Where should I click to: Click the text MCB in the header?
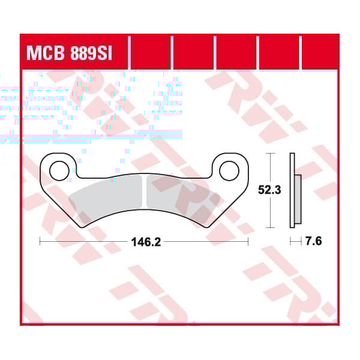(x=46, y=53)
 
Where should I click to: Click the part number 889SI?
(x=89, y=53)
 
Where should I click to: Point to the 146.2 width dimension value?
(x=145, y=242)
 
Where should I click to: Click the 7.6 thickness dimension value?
(x=314, y=242)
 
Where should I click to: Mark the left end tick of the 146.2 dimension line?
(x=40, y=242)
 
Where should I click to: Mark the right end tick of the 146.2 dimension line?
(x=248, y=242)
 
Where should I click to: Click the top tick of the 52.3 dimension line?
(x=272, y=154)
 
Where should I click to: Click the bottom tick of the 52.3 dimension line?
(x=272, y=227)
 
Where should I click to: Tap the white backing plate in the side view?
(x=292, y=191)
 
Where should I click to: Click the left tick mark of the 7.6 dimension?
(x=291, y=242)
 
